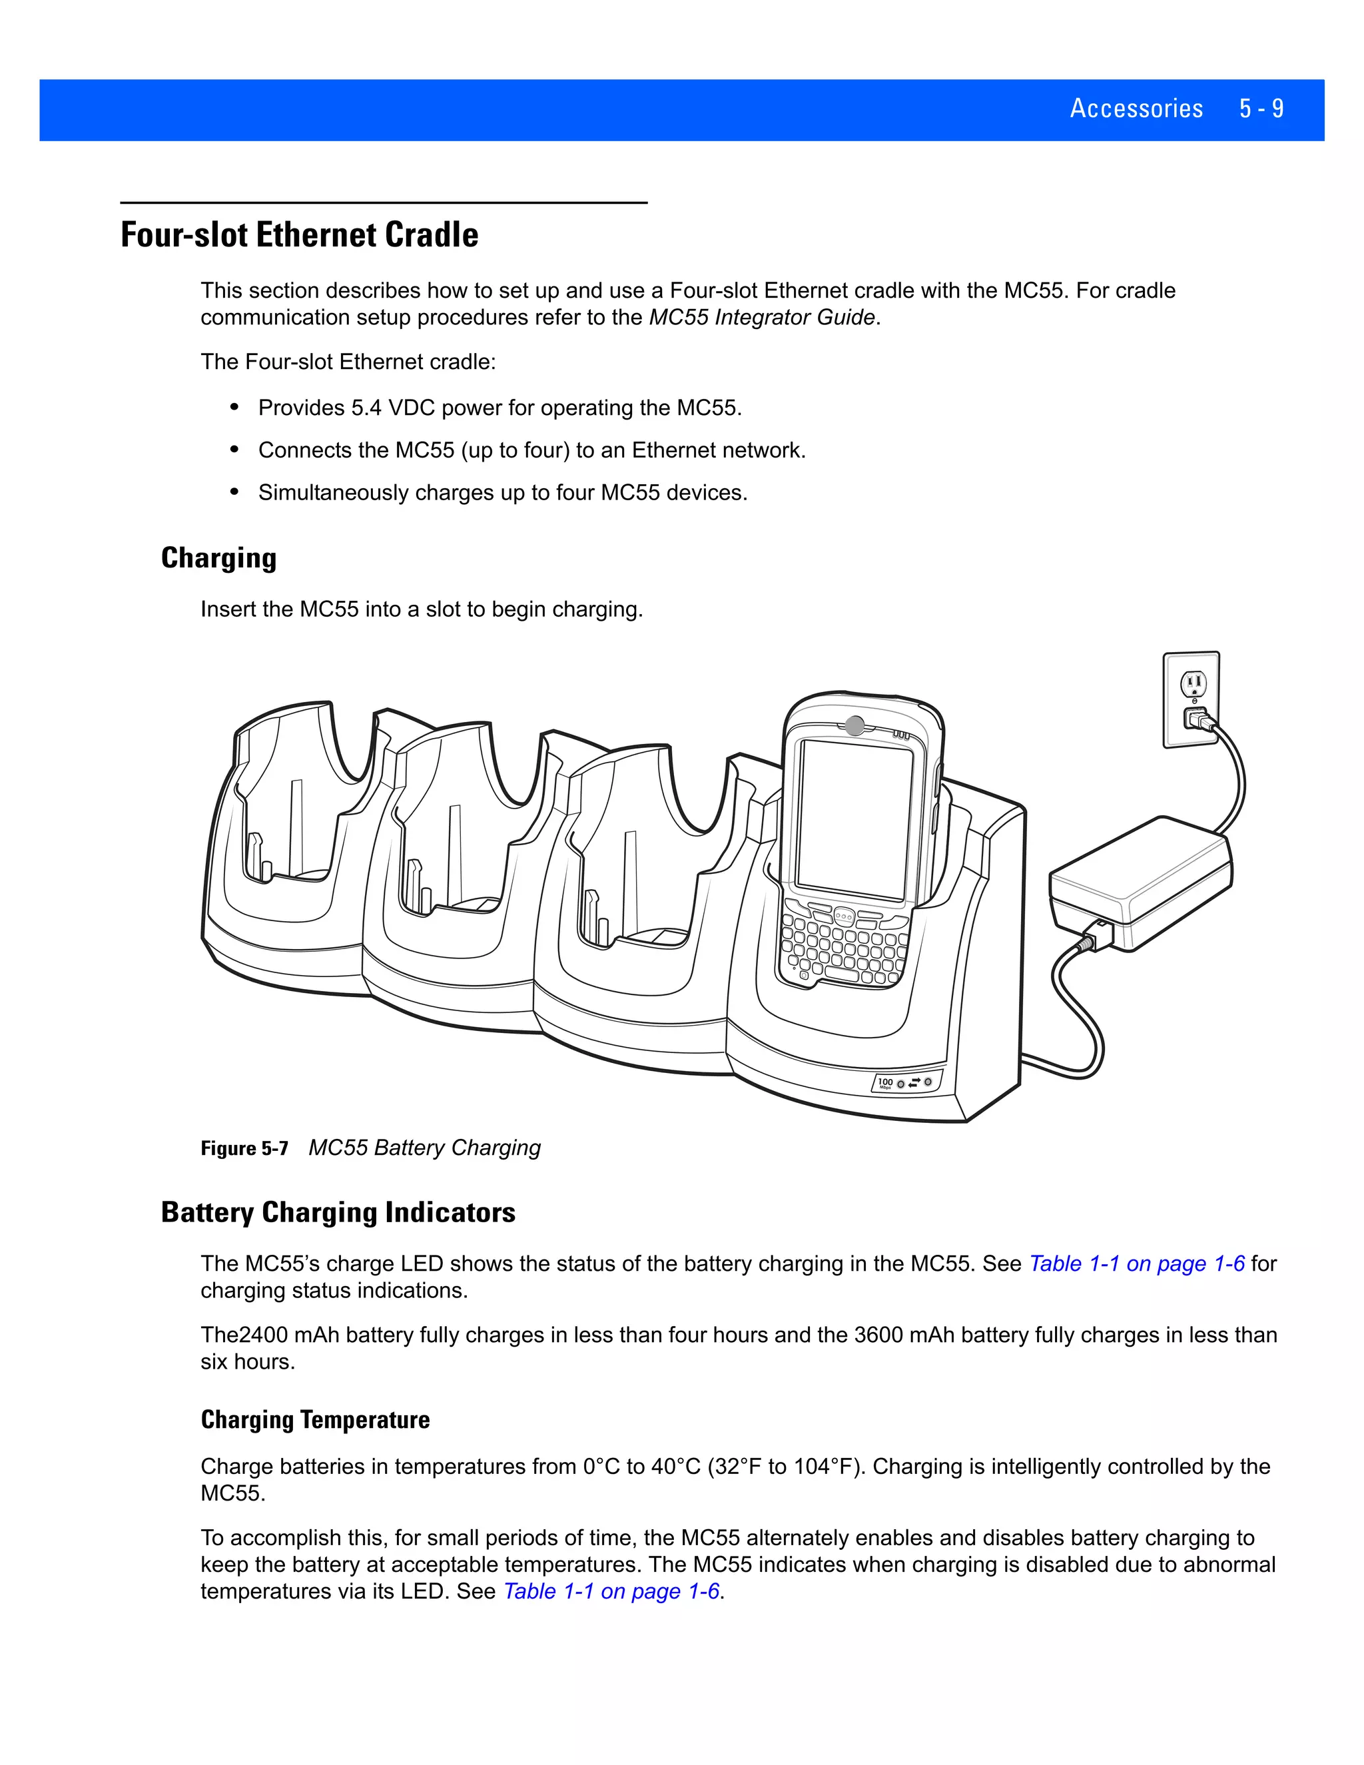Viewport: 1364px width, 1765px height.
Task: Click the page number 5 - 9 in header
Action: pyautogui.click(x=1261, y=109)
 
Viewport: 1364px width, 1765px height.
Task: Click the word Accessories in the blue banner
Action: pyautogui.click(x=1136, y=109)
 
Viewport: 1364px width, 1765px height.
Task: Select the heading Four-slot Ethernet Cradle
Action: pyautogui.click(x=299, y=235)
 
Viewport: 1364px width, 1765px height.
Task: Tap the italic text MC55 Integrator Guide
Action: pyautogui.click(x=761, y=318)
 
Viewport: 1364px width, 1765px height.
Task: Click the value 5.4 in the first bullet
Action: pyautogui.click(x=366, y=408)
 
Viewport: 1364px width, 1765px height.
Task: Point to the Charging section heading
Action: pyautogui.click(x=218, y=558)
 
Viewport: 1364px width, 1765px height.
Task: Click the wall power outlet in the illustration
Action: pyautogui.click(x=1191, y=700)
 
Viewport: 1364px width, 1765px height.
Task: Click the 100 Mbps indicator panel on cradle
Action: pyautogui.click(x=906, y=1083)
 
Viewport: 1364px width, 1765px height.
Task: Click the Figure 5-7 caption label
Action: pyautogui.click(x=244, y=1148)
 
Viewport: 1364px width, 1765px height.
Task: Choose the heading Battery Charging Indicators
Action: pyautogui.click(x=338, y=1213)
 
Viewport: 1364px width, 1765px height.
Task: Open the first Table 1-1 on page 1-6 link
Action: pyautogui.click(x=1136, y=1264)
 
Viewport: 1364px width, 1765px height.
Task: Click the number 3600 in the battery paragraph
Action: pyautogui.click(x=878, y=1335)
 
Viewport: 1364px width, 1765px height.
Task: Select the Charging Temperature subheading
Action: pyautogui.click(x=315, y=1420)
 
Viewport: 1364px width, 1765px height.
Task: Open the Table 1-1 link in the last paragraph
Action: pyautogui.click(x=611, y=1591)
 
